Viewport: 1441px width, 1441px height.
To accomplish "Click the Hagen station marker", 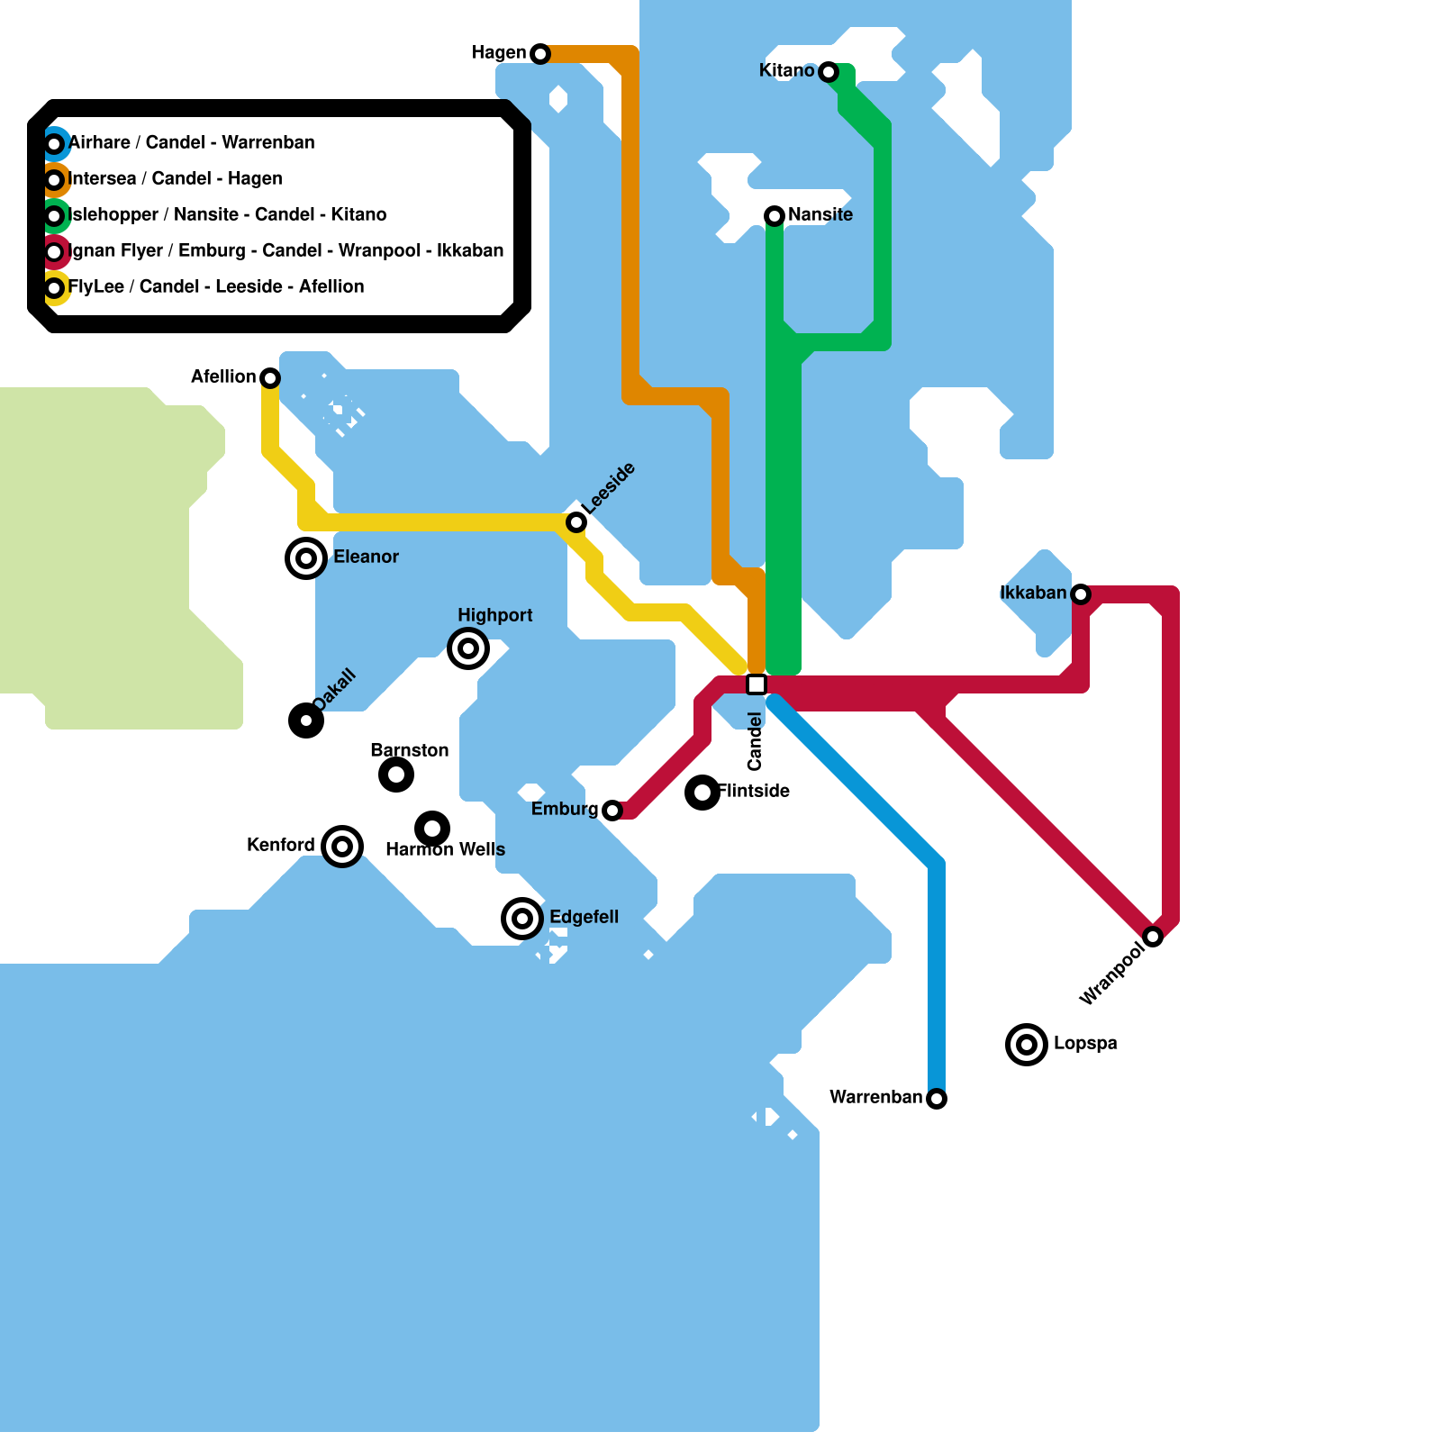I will coord(539,54).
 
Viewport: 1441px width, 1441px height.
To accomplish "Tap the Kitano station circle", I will coord(829,72).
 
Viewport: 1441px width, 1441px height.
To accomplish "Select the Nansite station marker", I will coord(775,216).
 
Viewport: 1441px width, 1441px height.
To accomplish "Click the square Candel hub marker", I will coord(757,684).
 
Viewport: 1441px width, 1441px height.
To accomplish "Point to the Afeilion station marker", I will coord(270,378).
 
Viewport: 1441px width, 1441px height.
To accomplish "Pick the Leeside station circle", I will coord(576,522).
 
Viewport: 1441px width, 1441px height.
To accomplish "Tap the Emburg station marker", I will coord(612,811).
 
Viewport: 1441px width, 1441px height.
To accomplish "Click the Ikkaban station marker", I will coord(1081,594).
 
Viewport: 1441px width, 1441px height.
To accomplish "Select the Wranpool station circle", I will coord(1153,937).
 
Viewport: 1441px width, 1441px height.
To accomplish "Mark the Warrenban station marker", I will coord(937,1099).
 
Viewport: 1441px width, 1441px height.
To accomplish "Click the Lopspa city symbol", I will coord(1027,1045).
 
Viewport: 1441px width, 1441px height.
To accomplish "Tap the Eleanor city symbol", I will coord(306,558).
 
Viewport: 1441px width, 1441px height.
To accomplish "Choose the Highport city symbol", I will coord(468,648).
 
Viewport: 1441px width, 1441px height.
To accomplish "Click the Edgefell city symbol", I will coord(522,919).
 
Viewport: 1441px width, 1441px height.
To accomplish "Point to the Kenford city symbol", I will coord(342,847).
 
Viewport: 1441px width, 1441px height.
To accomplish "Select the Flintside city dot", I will coord(702,793).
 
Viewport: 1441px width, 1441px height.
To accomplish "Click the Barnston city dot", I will coord(396,775).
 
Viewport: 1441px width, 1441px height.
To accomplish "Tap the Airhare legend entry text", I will coord(192,143).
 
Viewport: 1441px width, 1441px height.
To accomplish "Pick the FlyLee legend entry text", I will coord(216,287).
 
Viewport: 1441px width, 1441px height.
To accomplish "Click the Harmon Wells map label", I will coord(445,850).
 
